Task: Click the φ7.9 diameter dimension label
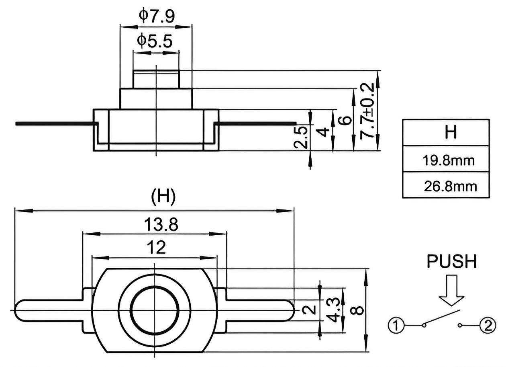click(157, 16)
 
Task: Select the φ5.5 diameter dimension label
click(155, 41)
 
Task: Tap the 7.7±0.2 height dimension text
click(367, 111)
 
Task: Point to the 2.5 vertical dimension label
click(301, 137)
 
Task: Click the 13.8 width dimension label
click(161, 225)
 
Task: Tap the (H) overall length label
click(163, 197)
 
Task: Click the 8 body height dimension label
click(357, 310)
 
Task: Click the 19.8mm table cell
click(449, 160)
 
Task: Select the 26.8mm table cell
click(450, 187)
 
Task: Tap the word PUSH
click(452, 261)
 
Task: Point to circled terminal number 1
click(396, 326)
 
